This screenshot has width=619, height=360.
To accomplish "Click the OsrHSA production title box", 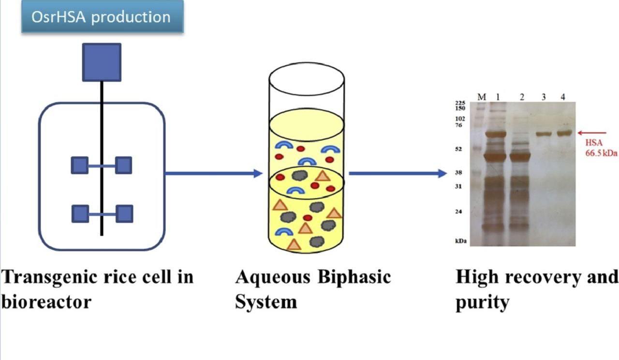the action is (x=103, y=16).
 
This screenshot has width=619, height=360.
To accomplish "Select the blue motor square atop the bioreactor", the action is (x=102, y=62).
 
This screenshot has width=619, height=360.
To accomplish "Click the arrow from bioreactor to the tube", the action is (x=214, y=173).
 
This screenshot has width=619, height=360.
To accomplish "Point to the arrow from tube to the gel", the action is (x=398, y=173).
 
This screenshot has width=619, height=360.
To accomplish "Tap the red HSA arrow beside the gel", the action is (x=592, y=133).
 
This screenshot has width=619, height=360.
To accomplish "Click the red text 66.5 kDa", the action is (x=601, y=153).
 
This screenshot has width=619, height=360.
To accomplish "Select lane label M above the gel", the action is (x=482, y=97).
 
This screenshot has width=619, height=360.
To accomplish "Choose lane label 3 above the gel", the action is (x=544, y=97).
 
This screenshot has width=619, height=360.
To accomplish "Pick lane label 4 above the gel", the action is (x=563, y=97).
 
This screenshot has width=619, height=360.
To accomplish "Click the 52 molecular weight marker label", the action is (x=458, y=149).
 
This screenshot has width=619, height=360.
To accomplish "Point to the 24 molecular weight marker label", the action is (x=458, y=211).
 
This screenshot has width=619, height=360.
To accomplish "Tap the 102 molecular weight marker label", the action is (x=460, y=119).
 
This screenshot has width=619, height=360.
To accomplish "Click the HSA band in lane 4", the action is (x=564, y=133).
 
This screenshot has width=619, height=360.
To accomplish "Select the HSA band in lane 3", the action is (x=544, y=135).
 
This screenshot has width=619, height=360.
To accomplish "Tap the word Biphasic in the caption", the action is (x=354, y=277).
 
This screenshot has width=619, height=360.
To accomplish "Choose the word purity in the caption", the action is (x=483, y=303).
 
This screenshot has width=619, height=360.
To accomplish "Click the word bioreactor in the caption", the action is (x=46, y=301).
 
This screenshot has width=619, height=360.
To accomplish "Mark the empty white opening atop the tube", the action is (x=307, y=79).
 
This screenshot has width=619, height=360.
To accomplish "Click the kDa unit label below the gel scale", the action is (x=461, y=241).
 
